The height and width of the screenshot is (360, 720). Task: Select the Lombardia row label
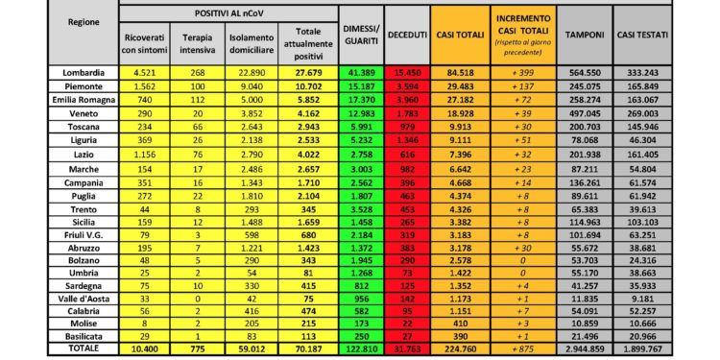pos(84,71)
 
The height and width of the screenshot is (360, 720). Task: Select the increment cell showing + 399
pos(522,71)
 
